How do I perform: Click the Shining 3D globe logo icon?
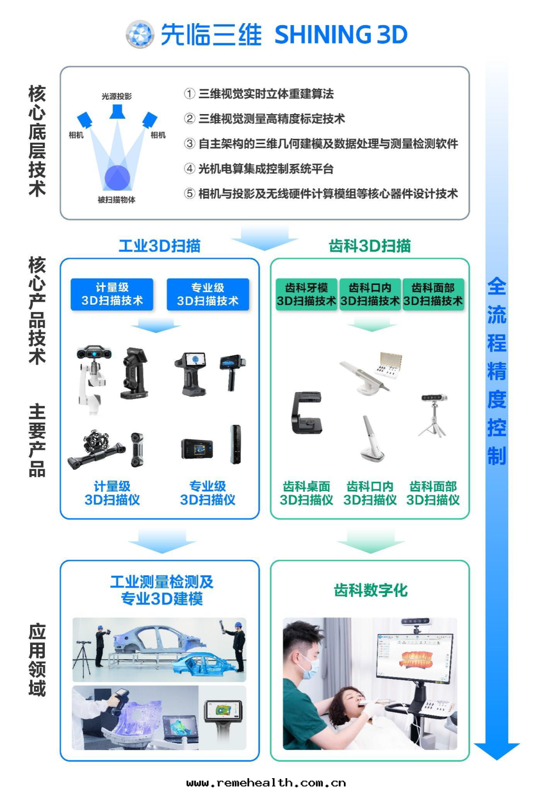pos(140,34)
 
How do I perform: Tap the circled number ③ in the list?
pos(190,144)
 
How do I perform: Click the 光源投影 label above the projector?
pos(116,96)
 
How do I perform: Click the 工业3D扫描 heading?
pos(159,245)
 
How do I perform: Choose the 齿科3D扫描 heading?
pos(370,245)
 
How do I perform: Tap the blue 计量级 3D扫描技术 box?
pos(112,294)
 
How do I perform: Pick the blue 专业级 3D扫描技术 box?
pos(207,294)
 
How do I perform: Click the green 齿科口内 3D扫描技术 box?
pos(370,294)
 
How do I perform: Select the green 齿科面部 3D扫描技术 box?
pos(433,294)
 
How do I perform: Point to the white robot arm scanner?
pos(92,375)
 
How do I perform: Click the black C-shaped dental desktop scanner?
pos(307,413)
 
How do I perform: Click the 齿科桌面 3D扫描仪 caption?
pos(306,493)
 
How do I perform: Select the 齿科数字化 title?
pos(370,590)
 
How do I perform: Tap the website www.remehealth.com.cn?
pos(266,783)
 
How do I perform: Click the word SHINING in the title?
pos(323,35)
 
